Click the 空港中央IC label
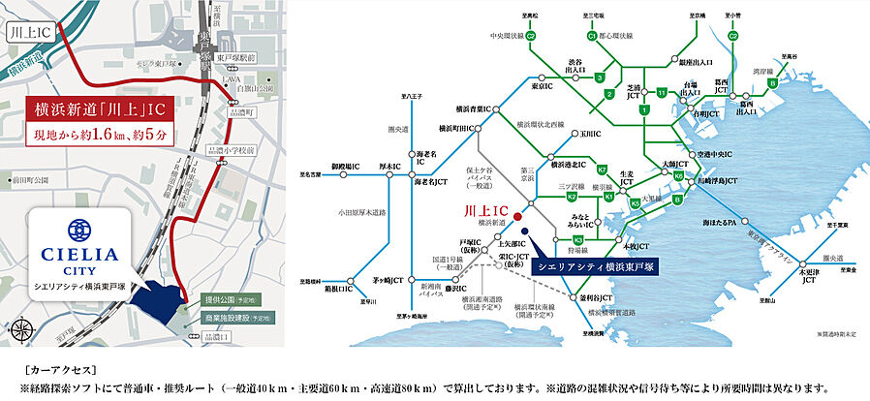713,154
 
